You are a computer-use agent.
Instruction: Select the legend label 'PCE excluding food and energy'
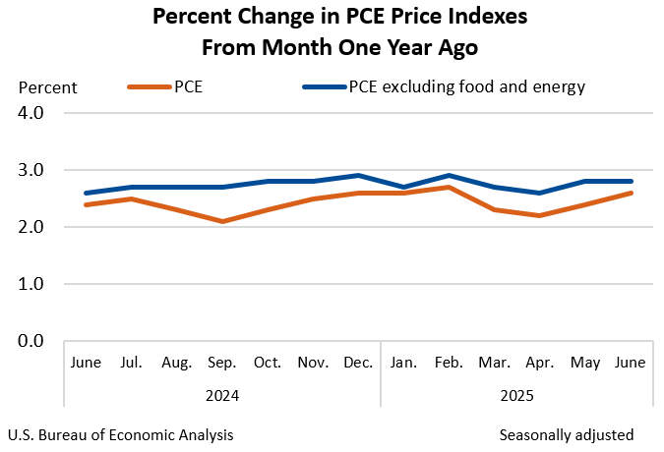point(466,86)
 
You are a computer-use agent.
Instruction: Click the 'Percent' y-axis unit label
point(48,87)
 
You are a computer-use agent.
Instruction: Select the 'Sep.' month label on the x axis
point(222,363)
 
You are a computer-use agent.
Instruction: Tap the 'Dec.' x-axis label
point(358,363)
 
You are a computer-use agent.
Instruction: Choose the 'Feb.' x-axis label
point(449,363)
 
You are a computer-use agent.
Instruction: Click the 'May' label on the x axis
point(584,363)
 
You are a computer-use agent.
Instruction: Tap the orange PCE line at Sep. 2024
point(223,221)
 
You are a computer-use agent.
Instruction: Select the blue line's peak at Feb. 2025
point(449,176)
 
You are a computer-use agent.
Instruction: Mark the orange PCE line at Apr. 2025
point(539,215)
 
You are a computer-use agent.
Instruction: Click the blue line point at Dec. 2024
point(358,176)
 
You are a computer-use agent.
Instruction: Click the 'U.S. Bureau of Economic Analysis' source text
point(120,434)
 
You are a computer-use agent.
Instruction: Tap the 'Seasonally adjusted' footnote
point(566,434)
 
